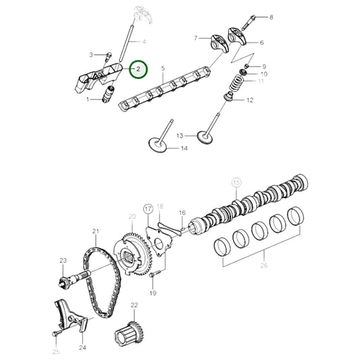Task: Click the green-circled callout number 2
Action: pyautogui.click(x=138, y=69)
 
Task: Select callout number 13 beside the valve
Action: pyautogui.click(x=180, y=135)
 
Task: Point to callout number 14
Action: pyautogui.click(x=184, y=149)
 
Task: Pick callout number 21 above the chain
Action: pyautogui.click(x=96, y=232)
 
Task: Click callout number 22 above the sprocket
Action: pyautogui.click(x=134, y=305)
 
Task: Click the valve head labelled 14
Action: pyautogui.click(x=159, y=144)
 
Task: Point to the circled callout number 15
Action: pyautogui.click(x=236, y=182)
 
